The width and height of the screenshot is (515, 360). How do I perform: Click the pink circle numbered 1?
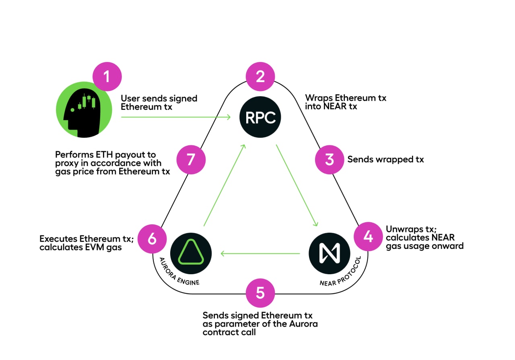[x=107, y=77]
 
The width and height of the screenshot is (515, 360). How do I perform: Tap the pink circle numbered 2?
[x=260, y=77]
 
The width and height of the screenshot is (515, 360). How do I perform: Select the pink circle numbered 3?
[x=330, y=159]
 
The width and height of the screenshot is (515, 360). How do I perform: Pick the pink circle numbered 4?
[x=368, y=236]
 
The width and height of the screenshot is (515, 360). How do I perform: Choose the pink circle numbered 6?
[x=152, y=239]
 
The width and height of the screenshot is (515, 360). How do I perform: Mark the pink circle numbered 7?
[x=191, y=159]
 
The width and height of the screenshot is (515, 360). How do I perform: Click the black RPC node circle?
[x=260, y=118]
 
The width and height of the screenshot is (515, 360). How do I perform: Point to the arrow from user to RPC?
[x=176, y=117]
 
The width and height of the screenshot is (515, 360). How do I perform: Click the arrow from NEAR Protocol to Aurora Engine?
[x=260, y=254]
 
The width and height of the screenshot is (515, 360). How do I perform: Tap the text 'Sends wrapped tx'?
[x=385, y=159]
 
